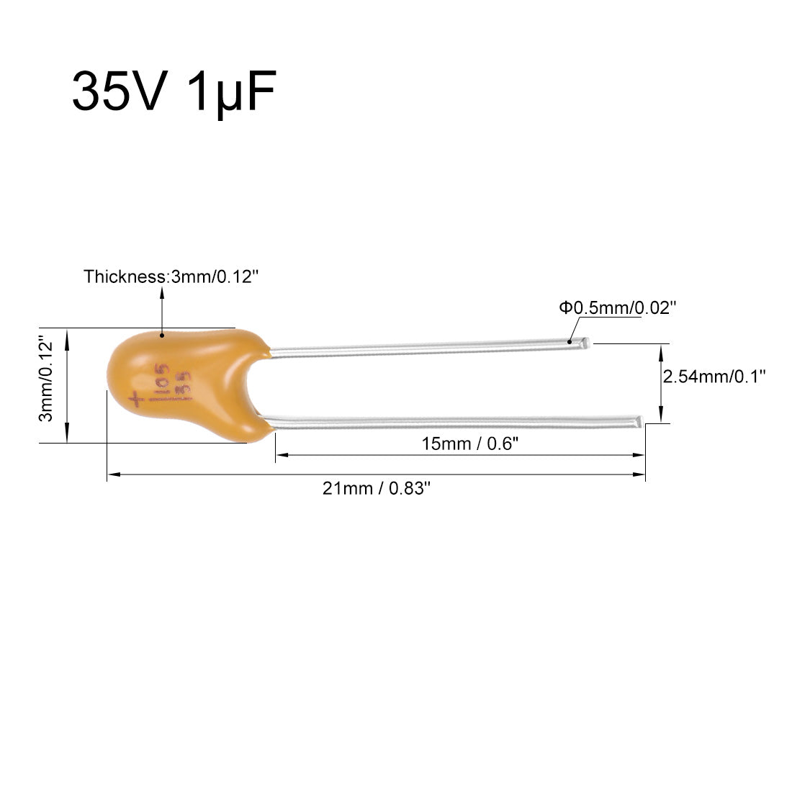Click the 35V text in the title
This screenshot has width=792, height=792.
pos(120,91)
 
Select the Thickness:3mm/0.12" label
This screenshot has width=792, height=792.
pos(171,276)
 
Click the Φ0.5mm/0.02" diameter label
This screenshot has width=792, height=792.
pos(617,307)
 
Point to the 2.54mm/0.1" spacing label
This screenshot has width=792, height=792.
pos(714,377)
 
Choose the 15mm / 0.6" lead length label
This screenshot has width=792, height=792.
pos(469,444)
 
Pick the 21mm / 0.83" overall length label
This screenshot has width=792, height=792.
pos(377,488)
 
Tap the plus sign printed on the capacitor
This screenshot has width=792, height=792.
pos(136,400)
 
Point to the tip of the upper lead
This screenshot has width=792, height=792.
pos(588,343)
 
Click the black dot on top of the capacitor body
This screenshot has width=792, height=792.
pos(162,335)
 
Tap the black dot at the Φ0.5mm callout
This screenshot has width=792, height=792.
pos(570,342)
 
